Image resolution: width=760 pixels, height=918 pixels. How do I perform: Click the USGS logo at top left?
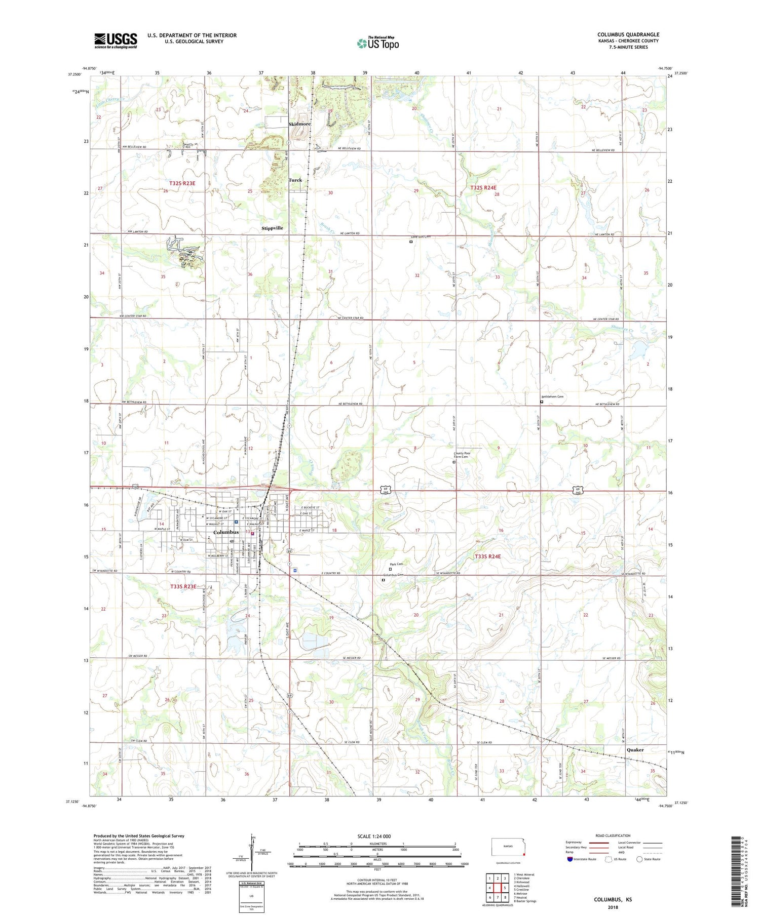tap(116, 41)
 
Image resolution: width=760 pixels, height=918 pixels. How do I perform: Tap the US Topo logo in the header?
tap(377, 43)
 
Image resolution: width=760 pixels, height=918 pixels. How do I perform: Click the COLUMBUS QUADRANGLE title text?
tap(628, 35)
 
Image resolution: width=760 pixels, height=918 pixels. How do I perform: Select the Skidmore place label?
tap(299, 124)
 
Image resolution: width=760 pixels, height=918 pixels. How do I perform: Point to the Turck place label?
tap(295, 180)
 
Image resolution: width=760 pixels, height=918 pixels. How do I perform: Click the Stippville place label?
tap(273, 228)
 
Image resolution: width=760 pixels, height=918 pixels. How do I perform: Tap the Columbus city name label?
tap(226, 532)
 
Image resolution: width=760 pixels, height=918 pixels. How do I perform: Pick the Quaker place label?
tap(635, 750)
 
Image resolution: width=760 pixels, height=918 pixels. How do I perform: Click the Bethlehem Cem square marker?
tap(541, 402)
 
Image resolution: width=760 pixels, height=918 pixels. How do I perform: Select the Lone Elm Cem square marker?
tap(411, 242)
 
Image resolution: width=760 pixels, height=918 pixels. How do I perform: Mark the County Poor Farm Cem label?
tap(461, 455)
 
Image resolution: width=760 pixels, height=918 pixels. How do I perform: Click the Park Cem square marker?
tap(390, 569)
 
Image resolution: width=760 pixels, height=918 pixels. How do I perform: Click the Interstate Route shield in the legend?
tap(569, 859)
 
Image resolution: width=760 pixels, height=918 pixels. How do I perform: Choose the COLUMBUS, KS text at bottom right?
tap(613, 900)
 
